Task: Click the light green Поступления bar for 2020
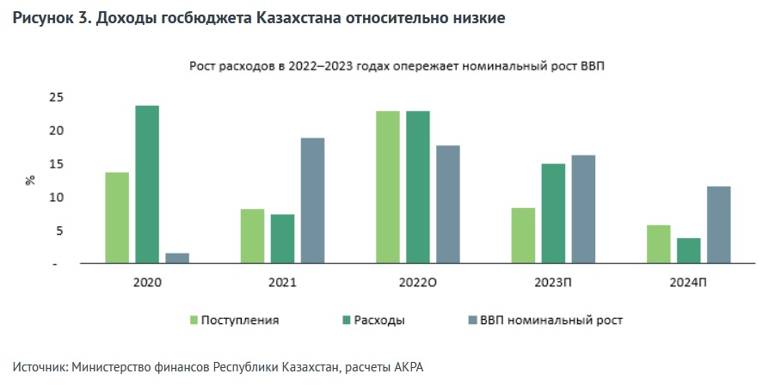117,218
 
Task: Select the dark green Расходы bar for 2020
147,184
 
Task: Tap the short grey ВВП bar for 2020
177,258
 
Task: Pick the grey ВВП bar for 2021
313,200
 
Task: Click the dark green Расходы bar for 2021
283,238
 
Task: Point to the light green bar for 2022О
388,187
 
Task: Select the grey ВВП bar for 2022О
448,204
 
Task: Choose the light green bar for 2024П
659,244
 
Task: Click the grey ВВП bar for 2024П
719,224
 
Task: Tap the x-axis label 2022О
418,282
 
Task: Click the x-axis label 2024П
689,282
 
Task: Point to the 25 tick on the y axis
56,97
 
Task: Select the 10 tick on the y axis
56,198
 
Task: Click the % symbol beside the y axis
30,181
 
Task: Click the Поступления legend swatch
194,321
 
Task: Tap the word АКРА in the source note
408,367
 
